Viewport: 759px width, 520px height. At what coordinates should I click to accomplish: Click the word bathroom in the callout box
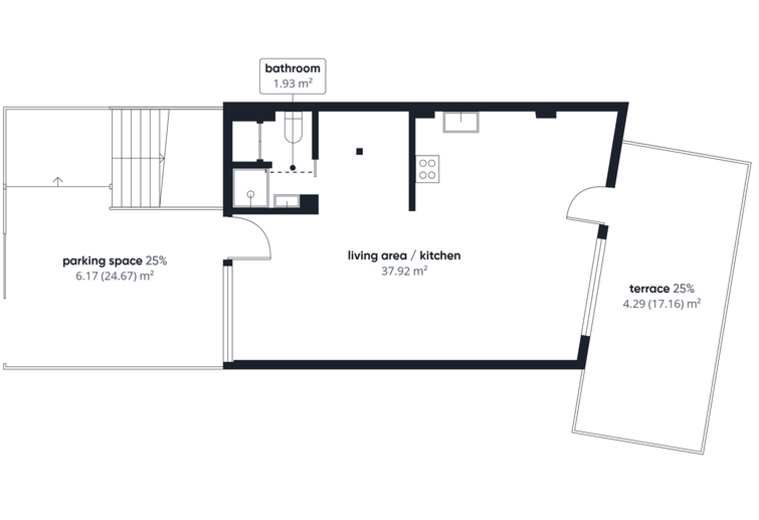click(293, 68)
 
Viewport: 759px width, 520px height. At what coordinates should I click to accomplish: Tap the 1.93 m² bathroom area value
click(293, 83)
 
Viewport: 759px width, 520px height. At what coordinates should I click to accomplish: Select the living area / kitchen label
click(404, 255)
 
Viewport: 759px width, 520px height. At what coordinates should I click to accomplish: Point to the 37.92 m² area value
click(404, 271)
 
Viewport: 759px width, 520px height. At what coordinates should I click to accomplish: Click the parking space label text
click(103, 262)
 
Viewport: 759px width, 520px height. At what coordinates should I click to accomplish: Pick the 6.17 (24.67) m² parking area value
click(115, 276)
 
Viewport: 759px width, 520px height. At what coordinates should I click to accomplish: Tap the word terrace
click(649, 289)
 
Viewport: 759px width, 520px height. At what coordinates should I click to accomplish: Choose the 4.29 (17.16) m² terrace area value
click(661, 304)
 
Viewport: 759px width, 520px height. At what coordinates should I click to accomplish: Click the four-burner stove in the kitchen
click(427, 169)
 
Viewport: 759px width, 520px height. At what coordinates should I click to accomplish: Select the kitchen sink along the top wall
click(461, 122)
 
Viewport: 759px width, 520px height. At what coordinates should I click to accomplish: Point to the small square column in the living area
click(359, 151)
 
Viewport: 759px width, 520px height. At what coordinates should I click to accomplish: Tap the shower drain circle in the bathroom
click(251, 194)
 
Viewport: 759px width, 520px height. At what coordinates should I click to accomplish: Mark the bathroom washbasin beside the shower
click(287, 201)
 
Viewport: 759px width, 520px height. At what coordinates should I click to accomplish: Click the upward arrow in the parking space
click(58, 182)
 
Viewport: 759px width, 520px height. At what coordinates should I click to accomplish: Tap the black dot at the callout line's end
click(293, 168)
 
